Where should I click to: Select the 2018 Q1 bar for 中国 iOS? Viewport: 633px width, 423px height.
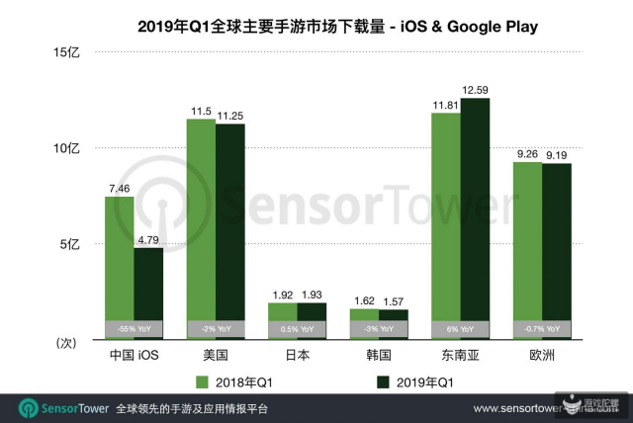click(120, 257)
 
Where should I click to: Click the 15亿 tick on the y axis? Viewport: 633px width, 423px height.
click(77, 52)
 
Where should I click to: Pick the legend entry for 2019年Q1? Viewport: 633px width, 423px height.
click(416, 381)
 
